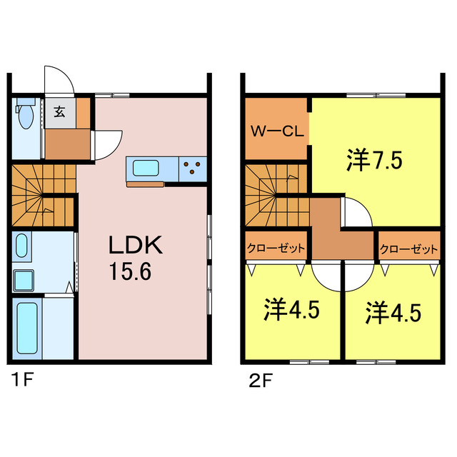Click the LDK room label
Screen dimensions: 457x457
point(136,246)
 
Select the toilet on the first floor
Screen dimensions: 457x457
point(26,114)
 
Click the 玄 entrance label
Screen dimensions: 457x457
point(60,111)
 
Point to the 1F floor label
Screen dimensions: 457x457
point(21,378)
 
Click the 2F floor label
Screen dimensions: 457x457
point(258,378)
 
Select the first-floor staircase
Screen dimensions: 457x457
point(43,193)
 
